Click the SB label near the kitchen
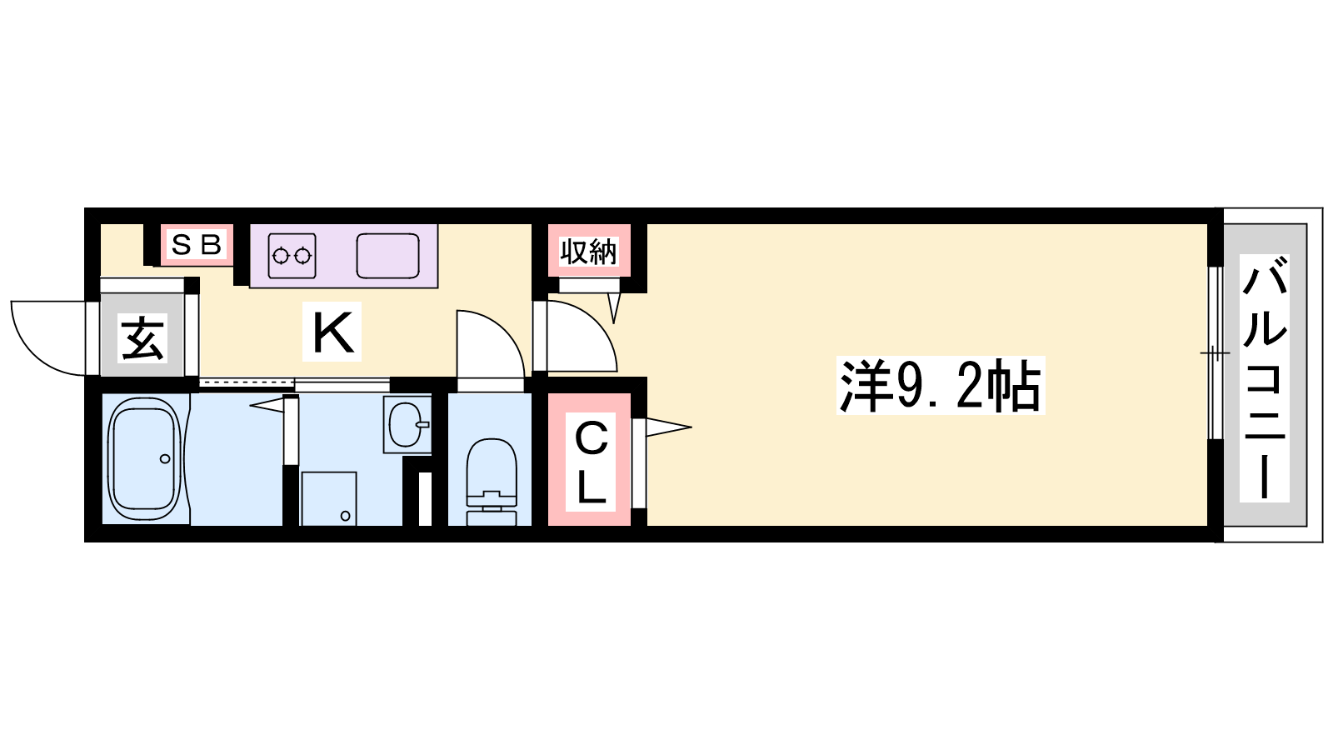tap(197, 244)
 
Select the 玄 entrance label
tap(142, 338)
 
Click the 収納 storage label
tap(588, 251)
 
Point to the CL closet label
tap(591, 462)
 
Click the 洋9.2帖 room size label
tap(940, 387)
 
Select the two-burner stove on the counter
tap(292, 255)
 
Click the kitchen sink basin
tap(387, 255)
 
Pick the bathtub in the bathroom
tap(146, 458)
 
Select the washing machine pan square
tap(328, 498)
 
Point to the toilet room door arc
tap(492, 342)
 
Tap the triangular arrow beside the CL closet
tap(666, 428)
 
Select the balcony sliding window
tap(1215, 353)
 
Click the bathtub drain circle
tap(165, 459)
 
